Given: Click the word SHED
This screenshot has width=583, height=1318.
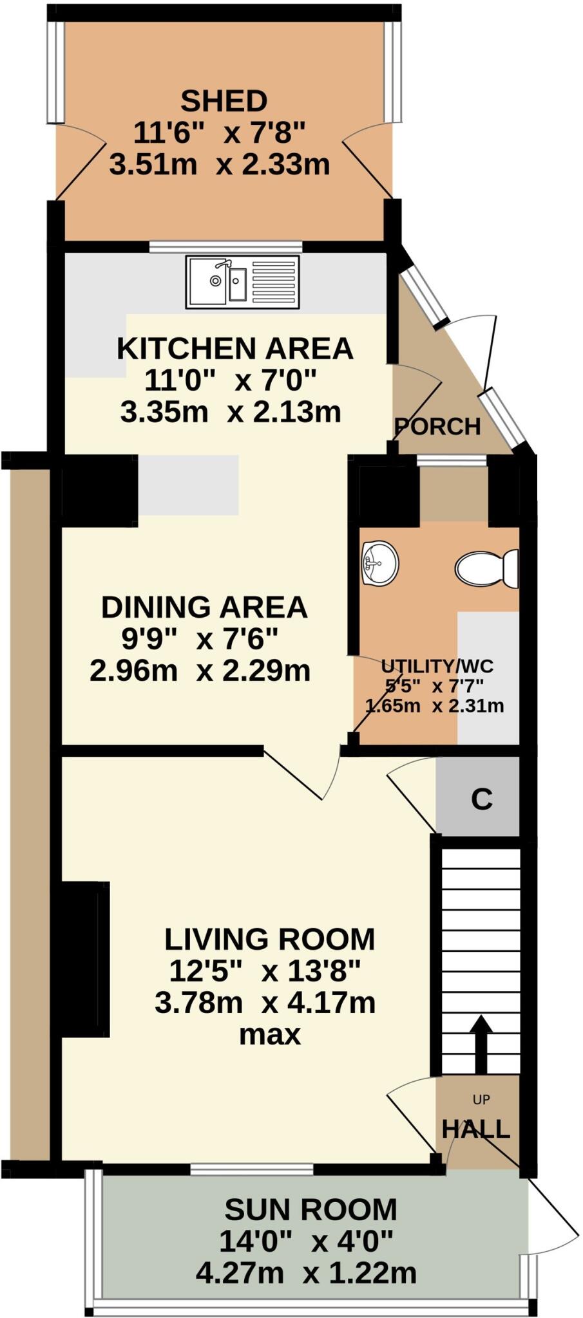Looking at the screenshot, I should [224, 102].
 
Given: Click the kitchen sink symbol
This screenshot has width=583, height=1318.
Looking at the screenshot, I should [242, 281].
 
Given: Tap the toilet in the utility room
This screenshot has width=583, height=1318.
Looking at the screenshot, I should [486, 568].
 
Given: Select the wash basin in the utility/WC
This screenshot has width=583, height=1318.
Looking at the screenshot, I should [380, 564].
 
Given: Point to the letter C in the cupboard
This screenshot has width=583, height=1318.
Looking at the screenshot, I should [481, 799].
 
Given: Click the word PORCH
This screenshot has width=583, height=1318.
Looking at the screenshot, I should [437, 427].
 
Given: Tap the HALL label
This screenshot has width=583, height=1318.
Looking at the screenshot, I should [476, 1129].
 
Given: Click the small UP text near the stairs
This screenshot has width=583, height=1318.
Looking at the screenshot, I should [481, 1100].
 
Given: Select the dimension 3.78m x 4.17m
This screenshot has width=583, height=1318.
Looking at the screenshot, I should [265, 1003].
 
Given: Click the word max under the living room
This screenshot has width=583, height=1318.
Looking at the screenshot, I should [269, 1035].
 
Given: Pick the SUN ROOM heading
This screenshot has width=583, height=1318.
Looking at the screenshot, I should [311, 1210].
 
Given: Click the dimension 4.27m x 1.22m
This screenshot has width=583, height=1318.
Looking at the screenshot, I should [305, 1273].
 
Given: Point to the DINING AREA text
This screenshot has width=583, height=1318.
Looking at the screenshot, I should [204, 608].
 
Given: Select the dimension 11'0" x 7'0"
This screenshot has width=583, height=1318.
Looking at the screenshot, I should [230, 380].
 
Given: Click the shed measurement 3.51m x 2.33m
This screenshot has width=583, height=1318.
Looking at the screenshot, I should [220, 165].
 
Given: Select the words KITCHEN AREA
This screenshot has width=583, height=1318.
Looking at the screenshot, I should [235, 349].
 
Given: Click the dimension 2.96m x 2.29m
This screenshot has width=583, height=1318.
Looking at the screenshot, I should [200, 671].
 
